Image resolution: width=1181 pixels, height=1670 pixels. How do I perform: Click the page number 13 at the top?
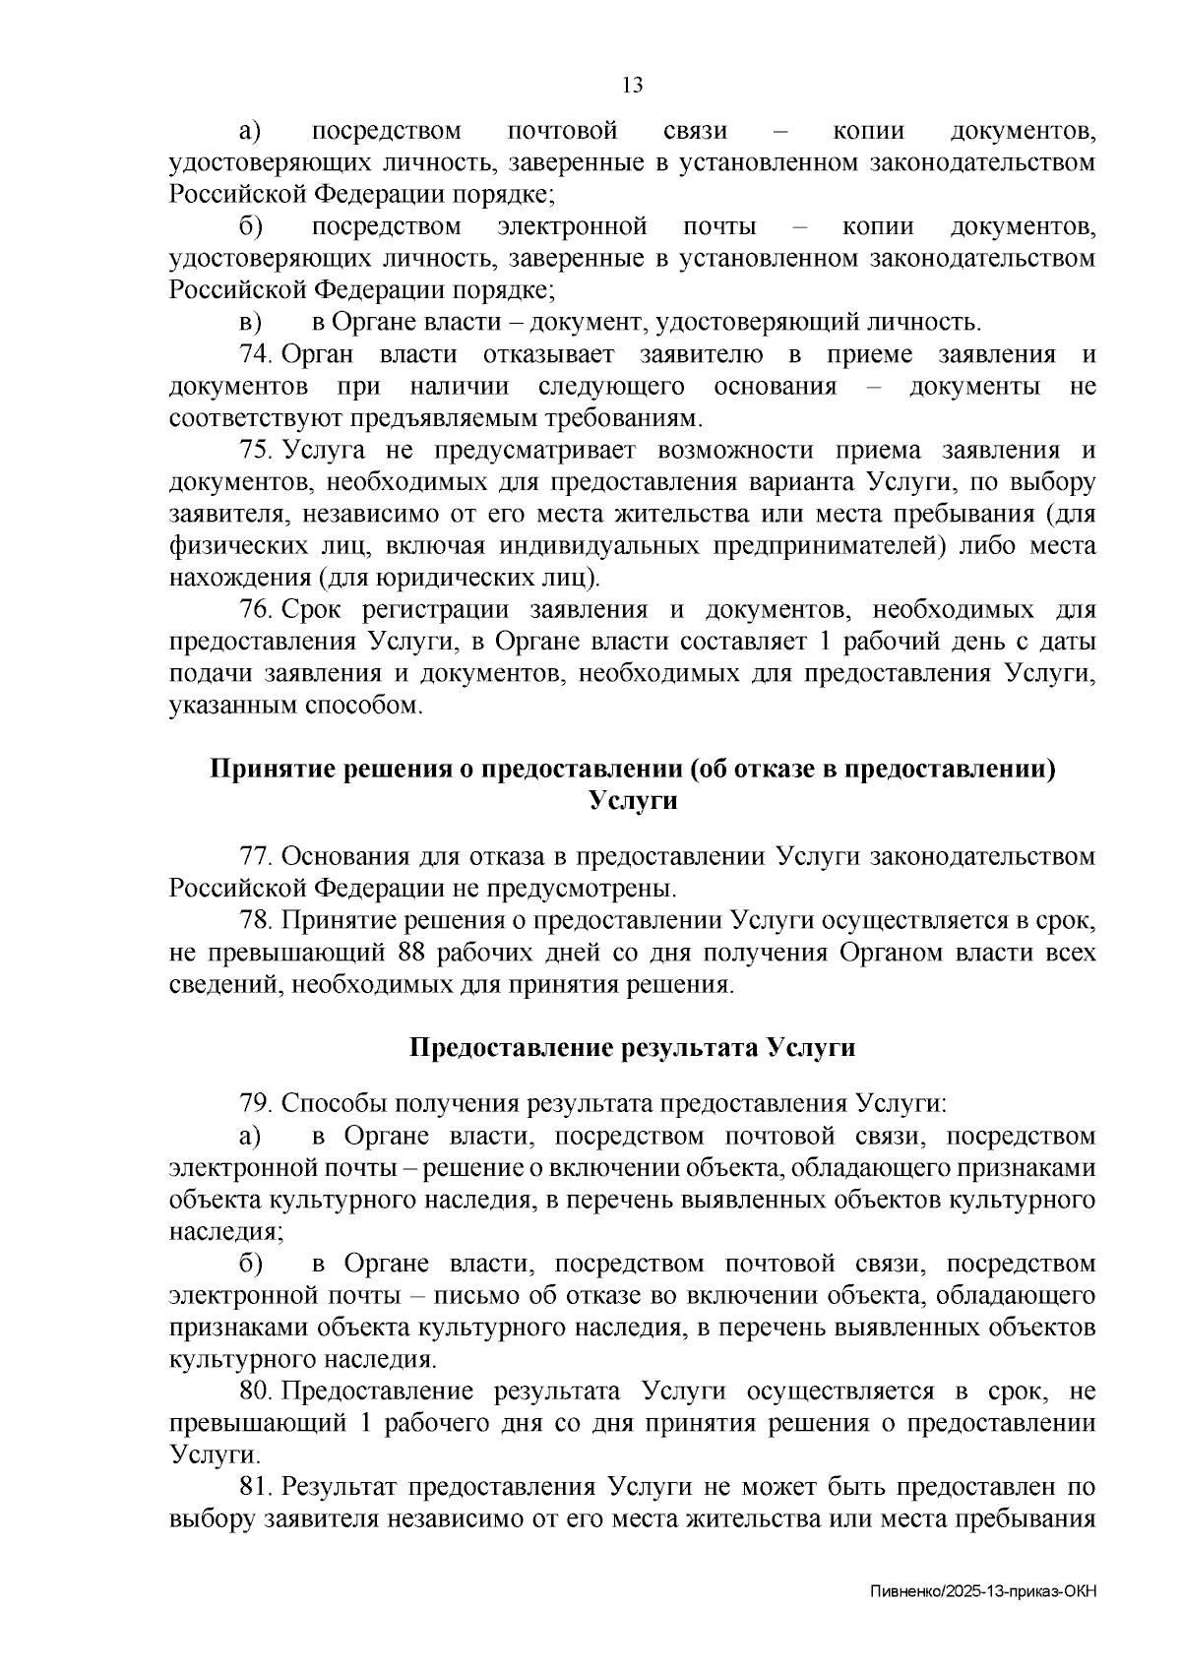point(633,86)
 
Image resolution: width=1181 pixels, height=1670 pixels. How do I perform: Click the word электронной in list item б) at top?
point(572,227)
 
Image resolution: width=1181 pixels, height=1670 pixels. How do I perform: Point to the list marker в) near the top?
point(251,323)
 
